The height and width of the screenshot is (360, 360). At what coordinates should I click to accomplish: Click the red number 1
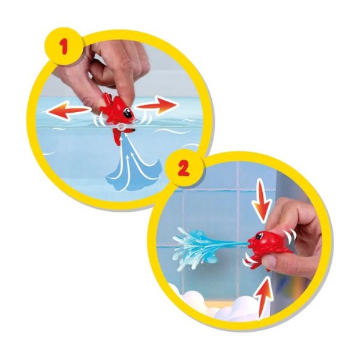pyautogui.click(x=64, y=47)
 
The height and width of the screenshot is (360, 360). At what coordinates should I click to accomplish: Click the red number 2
pyautogui.click(x=184, y=168)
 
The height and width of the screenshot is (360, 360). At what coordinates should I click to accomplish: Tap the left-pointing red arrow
pyautogui.click(x=67, y=110)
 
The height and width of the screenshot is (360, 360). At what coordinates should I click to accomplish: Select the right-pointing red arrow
pyautogui.click(x=157, y=106)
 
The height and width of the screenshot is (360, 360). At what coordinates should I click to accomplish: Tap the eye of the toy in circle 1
pyautogui.click(x=127, y=113)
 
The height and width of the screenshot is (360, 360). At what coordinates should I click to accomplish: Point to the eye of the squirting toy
pyautogui.click(x=260, y=236)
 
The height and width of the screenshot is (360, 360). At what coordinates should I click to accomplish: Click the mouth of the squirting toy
pyautogui.click(x=250, y=242)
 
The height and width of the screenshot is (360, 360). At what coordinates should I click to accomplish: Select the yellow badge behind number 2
pyautogui.click(x=185, y=168)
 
